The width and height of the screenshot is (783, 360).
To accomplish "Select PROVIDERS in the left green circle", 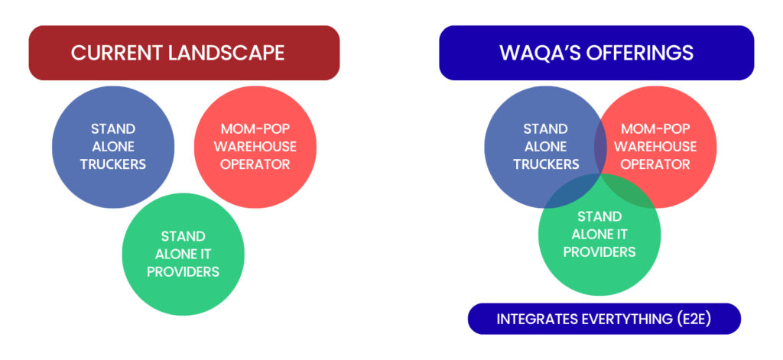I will coord(184,271).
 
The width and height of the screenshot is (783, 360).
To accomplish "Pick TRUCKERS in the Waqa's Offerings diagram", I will coord(546,164).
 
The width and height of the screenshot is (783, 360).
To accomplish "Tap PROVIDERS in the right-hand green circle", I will coord(599,251).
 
